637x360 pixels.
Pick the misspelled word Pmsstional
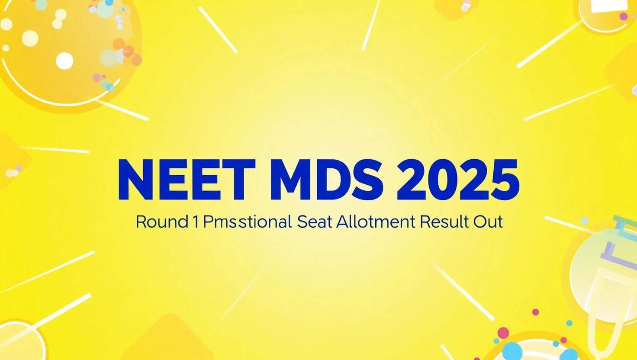pos(247,222)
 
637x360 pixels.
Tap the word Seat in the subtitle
pos(315,222)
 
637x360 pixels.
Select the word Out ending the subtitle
pos(488,222)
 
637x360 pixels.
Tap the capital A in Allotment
pos(343,222)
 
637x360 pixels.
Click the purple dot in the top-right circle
pos(623,16)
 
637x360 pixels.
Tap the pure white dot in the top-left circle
pos(64,61)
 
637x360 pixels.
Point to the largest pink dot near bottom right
pos(503,333)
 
